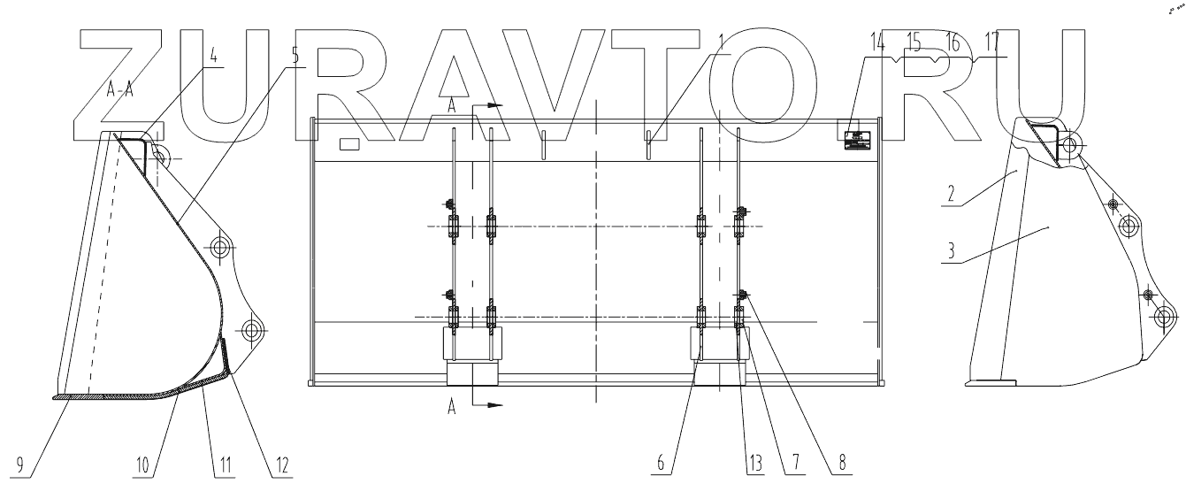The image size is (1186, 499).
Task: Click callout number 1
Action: [722, 42]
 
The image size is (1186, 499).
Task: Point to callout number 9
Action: [19, 464]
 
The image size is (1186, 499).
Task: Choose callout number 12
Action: [281, 464]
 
